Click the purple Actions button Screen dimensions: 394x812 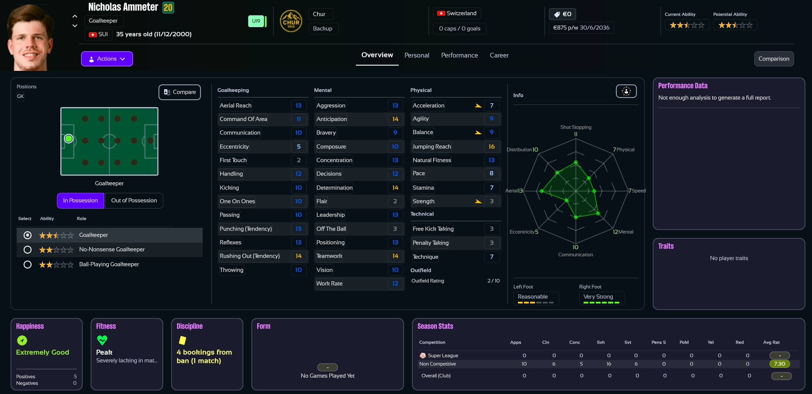pyautogui.click(x=107, y=59)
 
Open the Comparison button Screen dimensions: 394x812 pyautogui.click(x=773, y=59)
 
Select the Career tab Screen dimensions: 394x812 pyautogui.click(x=499, y=56)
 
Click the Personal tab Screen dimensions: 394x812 pyautogui.click(x=417, y=56)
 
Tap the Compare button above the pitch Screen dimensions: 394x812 pyautogui.click(x=179, y=92)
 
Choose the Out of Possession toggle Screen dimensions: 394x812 pyautogui.click(x=134, y=201)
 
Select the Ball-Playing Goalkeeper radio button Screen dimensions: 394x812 pyautogui.click(x=28, y=265)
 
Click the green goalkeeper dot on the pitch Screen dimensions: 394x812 pyautogui.click(x=69, y=139)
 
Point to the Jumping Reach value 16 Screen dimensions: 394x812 pyautogui.click(x=492, y=147)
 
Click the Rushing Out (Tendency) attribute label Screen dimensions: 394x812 pyautogui.click(x=250, y=256)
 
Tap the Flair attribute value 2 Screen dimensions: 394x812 pyautogui.click(x=395, y=202)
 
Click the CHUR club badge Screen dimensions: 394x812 pyautogui.click(x=291, y=21)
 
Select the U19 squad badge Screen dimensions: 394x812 pyautogui.click(x=256, y=21)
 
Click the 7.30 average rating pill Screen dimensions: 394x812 pyautogui.click(x=779, y=364)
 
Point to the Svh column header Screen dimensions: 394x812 pyautogui.click(x=601, y=342)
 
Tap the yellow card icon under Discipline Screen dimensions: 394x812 pyautogui.click(x=183, y=340)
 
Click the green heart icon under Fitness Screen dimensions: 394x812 pyautogui.click(x=102, y=340)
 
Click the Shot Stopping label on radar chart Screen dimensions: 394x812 pyautogui.click(x=576, y=127)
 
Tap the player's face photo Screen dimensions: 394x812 pyautogui.click(x=30, y=37)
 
